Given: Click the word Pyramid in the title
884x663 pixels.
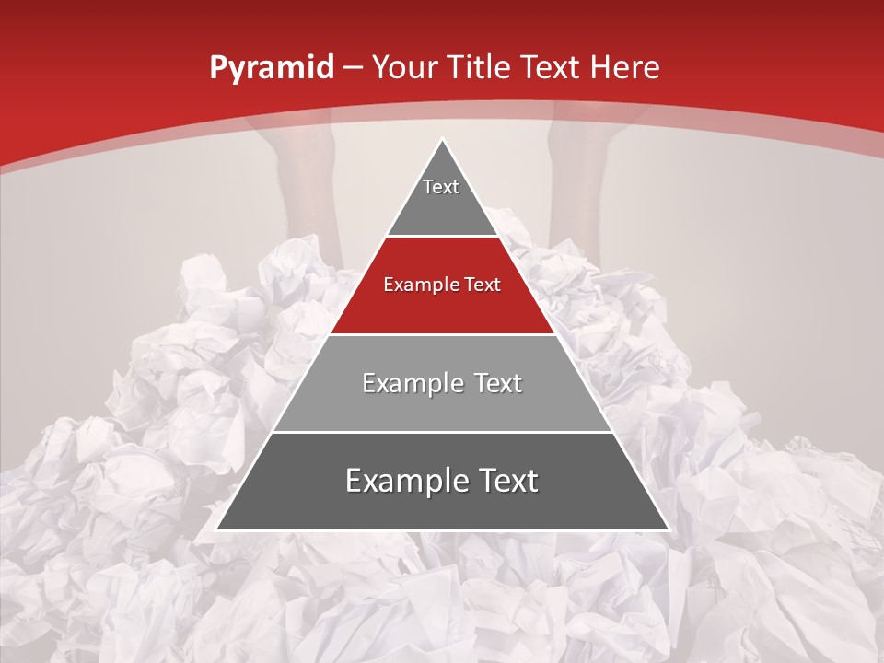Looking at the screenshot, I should [271, 68].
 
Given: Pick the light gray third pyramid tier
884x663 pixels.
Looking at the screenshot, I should [442, 405].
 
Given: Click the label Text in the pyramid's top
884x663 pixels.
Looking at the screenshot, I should [441, 187].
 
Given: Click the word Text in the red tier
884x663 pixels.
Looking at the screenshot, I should [482, 285].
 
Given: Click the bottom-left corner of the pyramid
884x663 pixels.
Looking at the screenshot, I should [216, 529].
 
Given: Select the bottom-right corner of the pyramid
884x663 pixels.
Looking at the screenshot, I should [669, 529].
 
